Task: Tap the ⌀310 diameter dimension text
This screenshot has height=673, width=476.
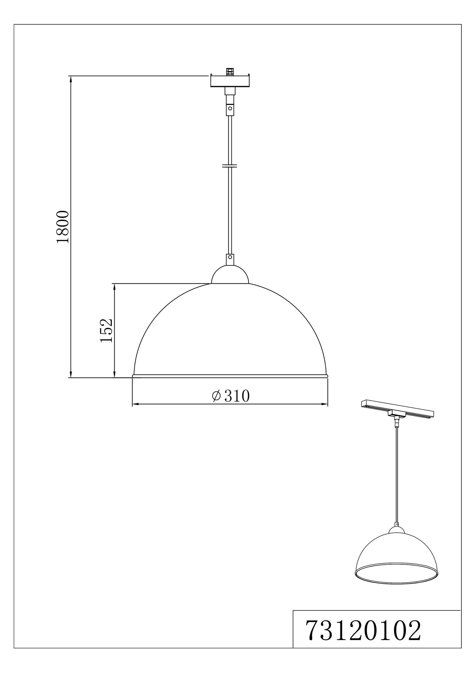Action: (x=231, y=396)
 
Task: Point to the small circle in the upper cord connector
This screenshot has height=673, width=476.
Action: (x=230, y=109)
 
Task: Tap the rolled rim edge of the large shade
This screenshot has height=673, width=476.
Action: (x=230, y=376)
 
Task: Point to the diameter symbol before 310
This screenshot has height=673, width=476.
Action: (x=216, y=396)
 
